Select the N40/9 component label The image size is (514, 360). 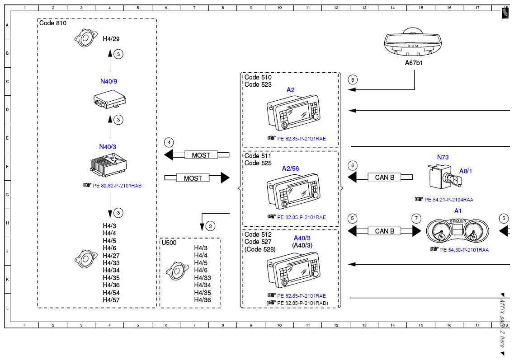[x=108, y=81]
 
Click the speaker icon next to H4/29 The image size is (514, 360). [x=86, y=37]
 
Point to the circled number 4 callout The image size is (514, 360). [x=169, y=142]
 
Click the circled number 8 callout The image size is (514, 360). [x=353, y=79]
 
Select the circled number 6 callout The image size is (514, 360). [x=353, y=165]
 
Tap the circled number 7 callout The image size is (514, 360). [x=416, y=219]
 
